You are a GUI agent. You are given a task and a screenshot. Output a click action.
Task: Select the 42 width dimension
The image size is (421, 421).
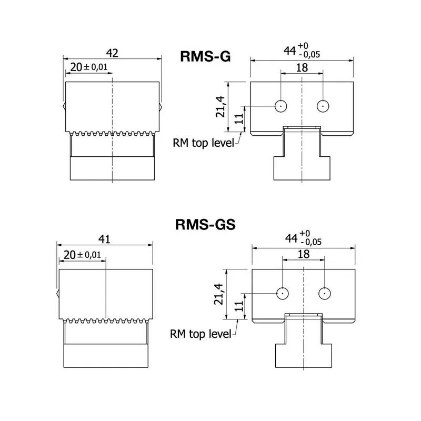coord(112,53)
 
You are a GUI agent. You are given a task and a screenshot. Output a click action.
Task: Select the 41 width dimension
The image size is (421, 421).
coord(105,239)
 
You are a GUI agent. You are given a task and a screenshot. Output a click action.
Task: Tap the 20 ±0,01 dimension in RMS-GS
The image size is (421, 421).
coord(82,255)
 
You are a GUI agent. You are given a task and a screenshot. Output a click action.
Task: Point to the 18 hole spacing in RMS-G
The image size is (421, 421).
coord(302,68)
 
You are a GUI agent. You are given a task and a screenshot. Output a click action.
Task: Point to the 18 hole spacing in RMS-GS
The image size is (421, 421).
coord(304,254)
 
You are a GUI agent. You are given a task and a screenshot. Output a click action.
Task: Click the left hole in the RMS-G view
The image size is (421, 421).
coord(281,106)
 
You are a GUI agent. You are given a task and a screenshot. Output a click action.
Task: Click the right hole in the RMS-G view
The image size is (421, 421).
coord(323,106)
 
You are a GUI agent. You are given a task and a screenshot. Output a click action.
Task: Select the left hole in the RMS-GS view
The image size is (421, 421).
coord(283,293)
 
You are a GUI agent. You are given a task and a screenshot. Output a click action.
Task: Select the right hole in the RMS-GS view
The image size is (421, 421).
coord(325,293)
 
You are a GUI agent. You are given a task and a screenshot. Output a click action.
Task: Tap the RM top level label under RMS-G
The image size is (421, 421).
coord(203,142)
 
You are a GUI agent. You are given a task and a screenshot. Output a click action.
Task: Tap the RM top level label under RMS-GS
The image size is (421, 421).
coord(201,333)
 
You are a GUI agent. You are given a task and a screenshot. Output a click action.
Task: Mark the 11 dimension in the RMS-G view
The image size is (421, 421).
coord(237,119)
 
